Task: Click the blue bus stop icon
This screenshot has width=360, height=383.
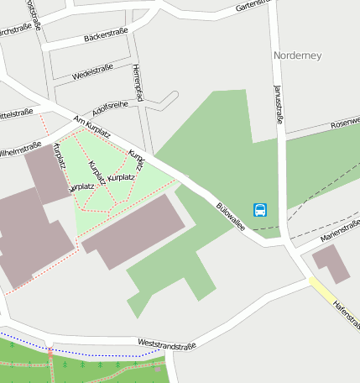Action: point(261,209)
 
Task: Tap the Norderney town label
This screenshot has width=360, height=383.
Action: point(298,55)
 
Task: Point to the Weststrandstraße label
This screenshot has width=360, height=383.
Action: point(166,344)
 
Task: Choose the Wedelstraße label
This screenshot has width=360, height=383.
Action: point(92,71)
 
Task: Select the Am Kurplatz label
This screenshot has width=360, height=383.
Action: point(92,126)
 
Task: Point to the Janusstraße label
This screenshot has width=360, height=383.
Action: point(279,102)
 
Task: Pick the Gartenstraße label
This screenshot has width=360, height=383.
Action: point(255,6)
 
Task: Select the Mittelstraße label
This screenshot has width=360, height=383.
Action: point(15,112)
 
